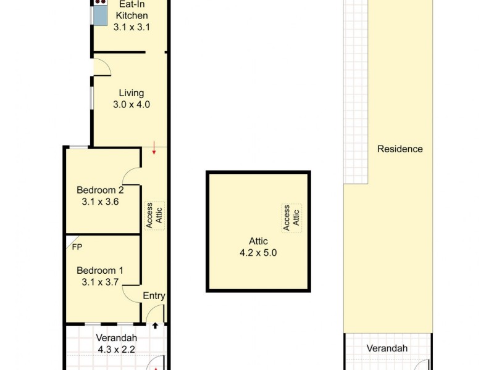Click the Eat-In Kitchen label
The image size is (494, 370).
point(132,9)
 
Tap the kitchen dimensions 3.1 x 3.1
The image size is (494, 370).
point(132,27)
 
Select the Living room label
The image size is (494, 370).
point(132,93)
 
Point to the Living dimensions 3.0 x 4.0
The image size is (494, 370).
point(132,104)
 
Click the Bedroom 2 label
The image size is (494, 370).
point(100,190)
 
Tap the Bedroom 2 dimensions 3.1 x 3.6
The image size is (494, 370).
point(100,201)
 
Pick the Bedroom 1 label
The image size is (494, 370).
point(100,271)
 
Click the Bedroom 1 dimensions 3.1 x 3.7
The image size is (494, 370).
point(100,282)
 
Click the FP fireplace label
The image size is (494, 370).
point(77,247)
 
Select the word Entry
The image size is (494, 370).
point(154,296)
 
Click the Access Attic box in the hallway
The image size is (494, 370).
point(154,216)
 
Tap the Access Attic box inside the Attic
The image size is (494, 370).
point(291,218)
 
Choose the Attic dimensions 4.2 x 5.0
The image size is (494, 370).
point(258,252)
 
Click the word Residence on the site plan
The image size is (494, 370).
point(400,149)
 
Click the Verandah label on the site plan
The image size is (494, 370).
point(387,348)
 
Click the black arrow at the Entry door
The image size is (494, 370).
point(156,326)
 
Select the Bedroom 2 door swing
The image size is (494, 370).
point(132,175)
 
